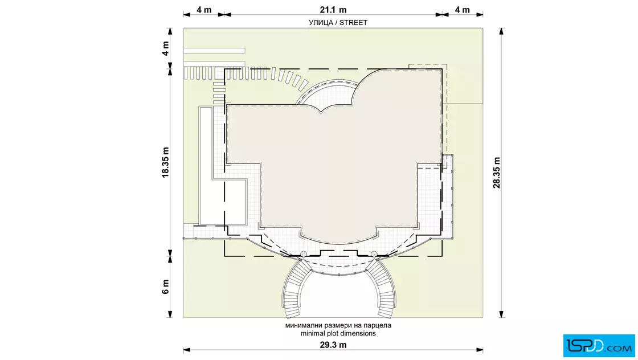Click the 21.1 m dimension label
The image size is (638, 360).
[x=333, y=10]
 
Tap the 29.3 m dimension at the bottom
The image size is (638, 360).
[x=333, y=345]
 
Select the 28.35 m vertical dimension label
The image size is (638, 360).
[x=497, y=173]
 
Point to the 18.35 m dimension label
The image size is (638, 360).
[x=165, y=162]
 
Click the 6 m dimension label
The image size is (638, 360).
[x=165, y=287]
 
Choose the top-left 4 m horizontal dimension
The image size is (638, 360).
[x=204, y=10]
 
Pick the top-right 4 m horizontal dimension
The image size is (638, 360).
[x=462, y=10]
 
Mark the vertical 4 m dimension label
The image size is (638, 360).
[x=165, y=48]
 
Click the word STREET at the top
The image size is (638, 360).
[x=353, y=23]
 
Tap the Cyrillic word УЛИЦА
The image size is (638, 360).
[x=321, y=23]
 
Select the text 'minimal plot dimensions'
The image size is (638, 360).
[x=338, y=334]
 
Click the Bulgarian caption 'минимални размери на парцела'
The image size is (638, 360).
[x=338, y=325]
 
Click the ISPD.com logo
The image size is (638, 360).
[x=599, y=346]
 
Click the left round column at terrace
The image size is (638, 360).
[x=303, y=254]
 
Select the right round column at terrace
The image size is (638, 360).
[x=374, y=254]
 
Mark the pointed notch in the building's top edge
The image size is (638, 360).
[x=321, y=112]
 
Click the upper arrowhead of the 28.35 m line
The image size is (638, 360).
[x=501, y=31]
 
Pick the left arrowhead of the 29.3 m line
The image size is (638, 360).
[x=187, y=350]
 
